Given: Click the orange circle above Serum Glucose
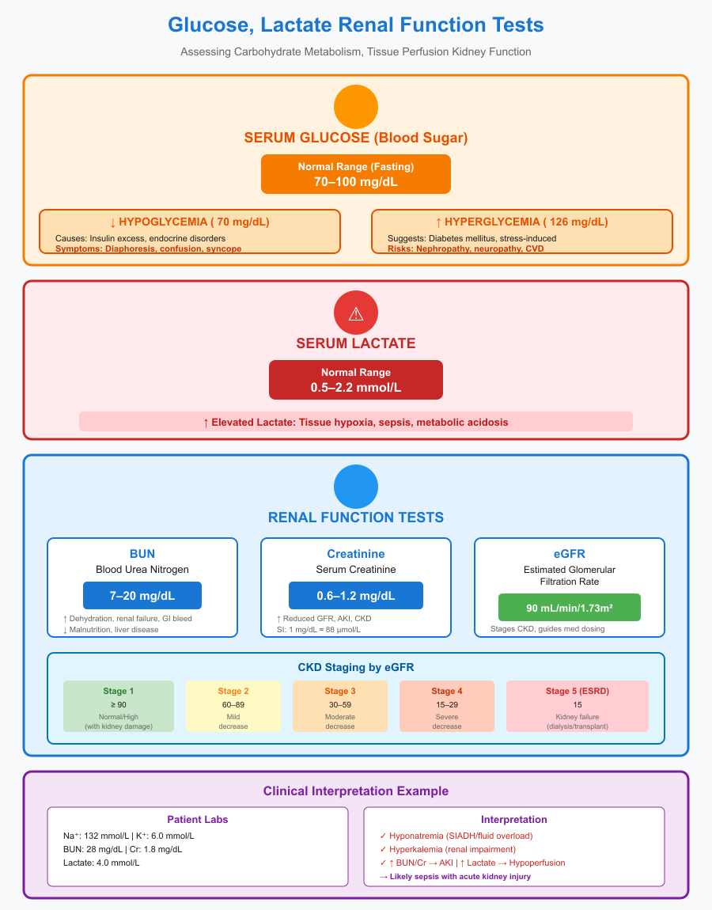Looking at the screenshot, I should [356, 107].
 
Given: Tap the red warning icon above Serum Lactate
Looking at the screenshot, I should [356, 313].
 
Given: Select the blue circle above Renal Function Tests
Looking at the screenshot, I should [356, 487].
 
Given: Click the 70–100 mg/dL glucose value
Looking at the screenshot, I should [356, 181].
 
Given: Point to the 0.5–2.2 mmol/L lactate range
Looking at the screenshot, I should [356, 388].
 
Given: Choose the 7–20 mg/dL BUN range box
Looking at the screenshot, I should [142, 595].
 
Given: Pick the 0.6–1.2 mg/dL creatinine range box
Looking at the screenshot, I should [356, 595].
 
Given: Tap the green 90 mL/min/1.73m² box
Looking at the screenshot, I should [570, 607].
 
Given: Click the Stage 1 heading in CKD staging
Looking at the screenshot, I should [119, 691].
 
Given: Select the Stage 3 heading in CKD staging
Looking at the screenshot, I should [340, 691].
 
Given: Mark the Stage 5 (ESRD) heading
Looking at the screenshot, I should [578, 691].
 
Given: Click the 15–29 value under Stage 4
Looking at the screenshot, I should [447, 704].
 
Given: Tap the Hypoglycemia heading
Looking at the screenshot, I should [190, 222].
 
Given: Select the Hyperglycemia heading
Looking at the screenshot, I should [522, 222].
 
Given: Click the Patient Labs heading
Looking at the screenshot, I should [198, 819].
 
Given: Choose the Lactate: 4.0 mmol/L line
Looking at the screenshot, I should [101, 862].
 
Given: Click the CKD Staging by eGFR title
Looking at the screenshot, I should [356, 667].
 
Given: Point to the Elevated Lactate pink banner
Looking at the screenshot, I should [356, 422].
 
